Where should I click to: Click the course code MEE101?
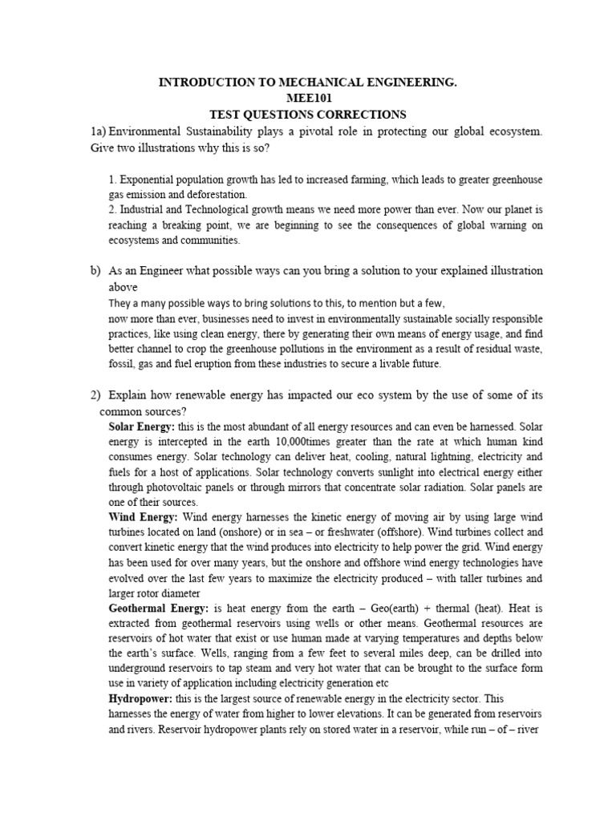click(x=307, y=98)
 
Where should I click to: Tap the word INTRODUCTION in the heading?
click(x=211, y=82)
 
